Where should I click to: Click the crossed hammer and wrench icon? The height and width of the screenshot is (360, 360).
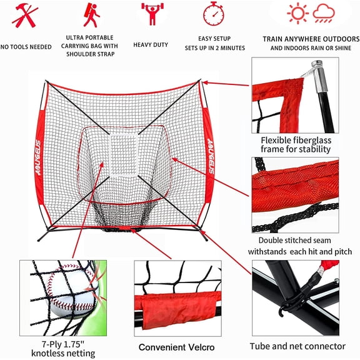(24, 16)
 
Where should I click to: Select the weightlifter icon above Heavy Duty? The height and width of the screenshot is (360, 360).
(150, 14)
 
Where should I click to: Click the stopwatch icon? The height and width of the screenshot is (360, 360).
(214, 14)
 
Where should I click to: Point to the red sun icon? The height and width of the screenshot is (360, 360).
(297, 13)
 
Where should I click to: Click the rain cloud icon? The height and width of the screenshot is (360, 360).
(324, 14)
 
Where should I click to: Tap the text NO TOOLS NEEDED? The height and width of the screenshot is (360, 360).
(26, 47)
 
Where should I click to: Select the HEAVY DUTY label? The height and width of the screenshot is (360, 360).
(150, 45)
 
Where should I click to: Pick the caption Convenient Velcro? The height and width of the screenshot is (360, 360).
(177, 347)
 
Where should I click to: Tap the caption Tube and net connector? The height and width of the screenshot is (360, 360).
(297, 346)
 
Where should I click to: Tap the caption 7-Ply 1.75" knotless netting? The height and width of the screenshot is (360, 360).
(64, 349)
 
